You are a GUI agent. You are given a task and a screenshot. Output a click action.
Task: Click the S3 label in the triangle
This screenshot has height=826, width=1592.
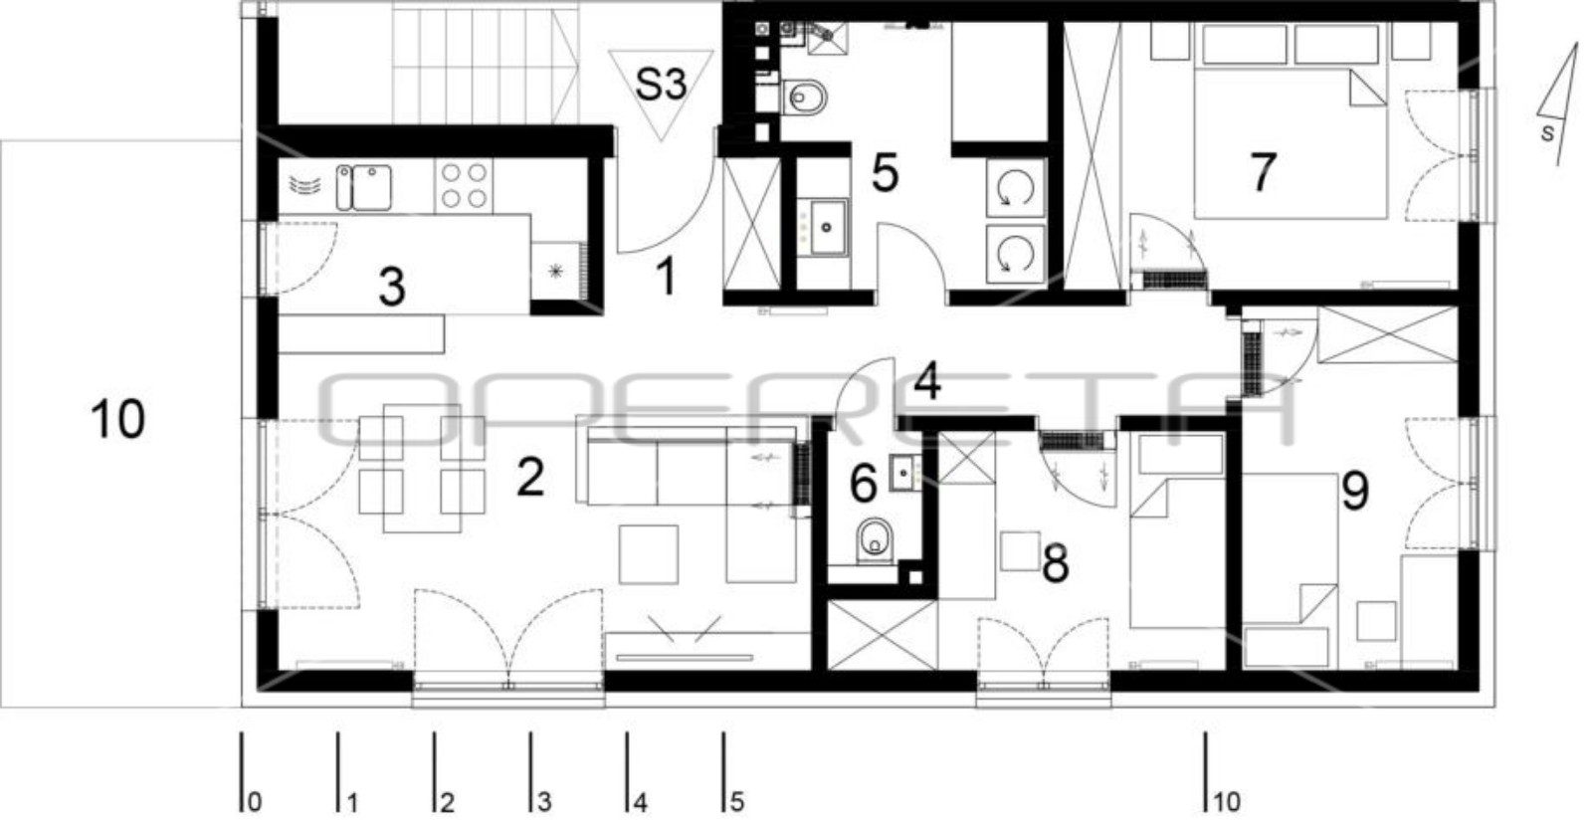pos(661,84)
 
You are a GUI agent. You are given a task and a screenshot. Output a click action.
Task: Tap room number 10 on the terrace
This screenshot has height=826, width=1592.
pos(118,419)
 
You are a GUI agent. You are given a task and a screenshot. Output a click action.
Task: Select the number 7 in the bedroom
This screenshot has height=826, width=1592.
pos(1263,172)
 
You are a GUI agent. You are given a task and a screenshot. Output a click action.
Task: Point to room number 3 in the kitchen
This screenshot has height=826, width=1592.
pos(392,287)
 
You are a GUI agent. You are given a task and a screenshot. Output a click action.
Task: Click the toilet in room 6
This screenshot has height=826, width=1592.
pos(875,541)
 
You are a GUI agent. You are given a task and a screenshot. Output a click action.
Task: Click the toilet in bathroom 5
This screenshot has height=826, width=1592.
pos(805,97)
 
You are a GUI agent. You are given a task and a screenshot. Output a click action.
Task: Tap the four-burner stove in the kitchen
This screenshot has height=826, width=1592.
pos(464,185)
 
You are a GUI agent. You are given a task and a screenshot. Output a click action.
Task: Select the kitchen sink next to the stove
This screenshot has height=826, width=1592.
pos(364,188)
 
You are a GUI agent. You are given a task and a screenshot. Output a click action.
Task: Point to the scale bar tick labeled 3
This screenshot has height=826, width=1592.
pos(530,772)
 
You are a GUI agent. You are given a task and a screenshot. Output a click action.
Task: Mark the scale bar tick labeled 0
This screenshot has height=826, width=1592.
pos(242,772)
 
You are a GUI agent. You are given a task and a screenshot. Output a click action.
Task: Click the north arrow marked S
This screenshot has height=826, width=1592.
pos(1556,106)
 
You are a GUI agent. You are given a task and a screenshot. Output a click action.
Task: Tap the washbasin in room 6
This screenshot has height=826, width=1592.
pos(904,472)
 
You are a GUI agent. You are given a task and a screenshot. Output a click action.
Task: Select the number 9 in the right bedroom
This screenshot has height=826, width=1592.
pos(1354,491)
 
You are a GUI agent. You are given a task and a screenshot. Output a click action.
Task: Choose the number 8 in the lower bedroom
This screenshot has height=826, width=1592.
pos(1055,563)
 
